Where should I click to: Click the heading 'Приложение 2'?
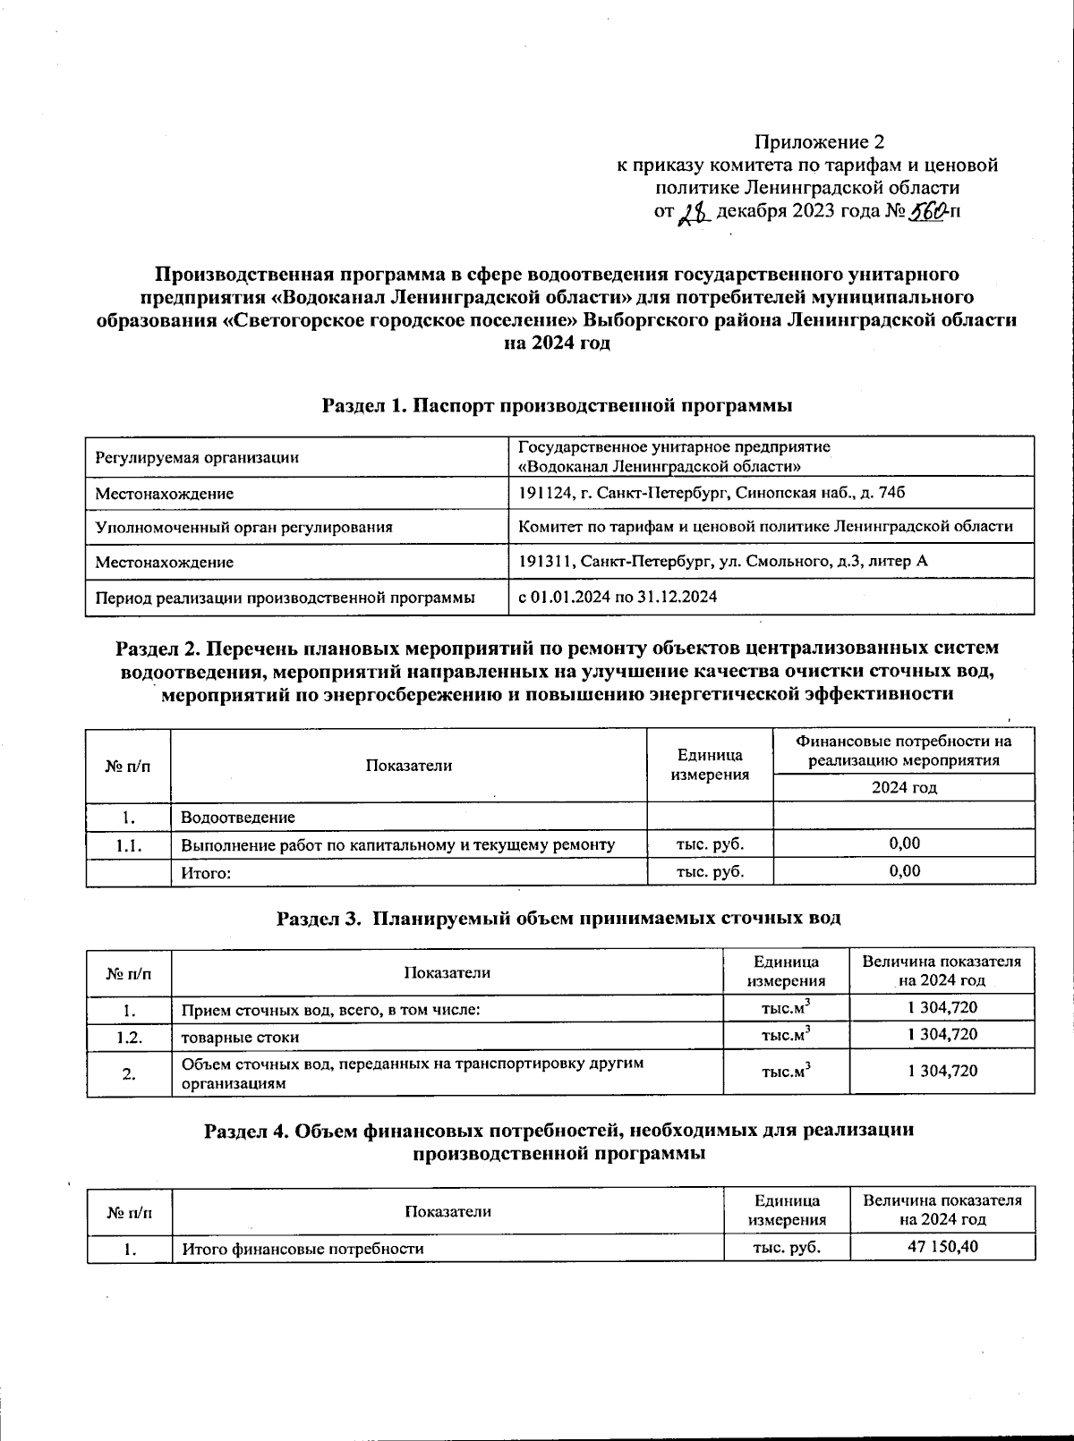pos(819,142)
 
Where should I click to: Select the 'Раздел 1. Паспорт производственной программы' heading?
pos(558,406)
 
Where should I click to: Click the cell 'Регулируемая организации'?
pos(197,458)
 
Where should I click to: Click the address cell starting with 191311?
pos(723,562)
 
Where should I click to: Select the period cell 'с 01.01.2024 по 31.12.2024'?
pos(618,597)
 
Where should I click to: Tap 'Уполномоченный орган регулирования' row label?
pos(243,528)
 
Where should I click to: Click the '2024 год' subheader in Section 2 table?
pos(904,788)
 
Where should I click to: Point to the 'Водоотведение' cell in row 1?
pos(238,818)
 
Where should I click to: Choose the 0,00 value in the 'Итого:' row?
pos(904,871)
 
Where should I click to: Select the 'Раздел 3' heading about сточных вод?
pos(558,919)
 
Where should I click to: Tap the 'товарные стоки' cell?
pos(240,1038)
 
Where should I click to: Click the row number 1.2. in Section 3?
pos(129,1038)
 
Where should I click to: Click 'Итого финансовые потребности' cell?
pos(303,1249)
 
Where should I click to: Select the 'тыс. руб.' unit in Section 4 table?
pos(787,1248)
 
